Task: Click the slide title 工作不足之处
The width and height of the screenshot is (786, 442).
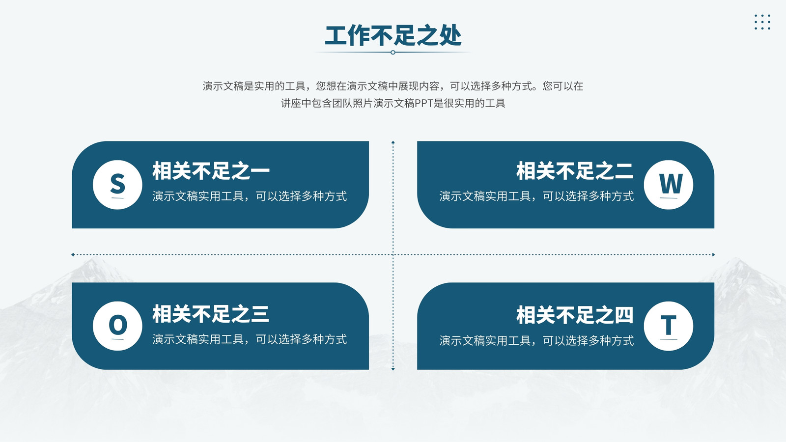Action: point(393,35)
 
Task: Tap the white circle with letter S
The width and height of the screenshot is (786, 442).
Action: point(117,185)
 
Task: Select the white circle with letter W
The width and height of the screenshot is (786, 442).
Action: point(669,185)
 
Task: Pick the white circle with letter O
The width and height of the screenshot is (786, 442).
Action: point(117,326)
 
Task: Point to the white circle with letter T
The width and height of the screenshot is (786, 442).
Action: point(669,326)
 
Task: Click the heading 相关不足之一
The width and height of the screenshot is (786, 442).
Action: point(211,171)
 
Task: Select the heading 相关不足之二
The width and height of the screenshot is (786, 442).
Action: point(575,171)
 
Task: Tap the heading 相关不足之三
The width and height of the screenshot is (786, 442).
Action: point(211,314)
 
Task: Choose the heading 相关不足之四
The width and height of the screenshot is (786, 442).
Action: point(575,315)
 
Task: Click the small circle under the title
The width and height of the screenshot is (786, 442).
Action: point(393,52)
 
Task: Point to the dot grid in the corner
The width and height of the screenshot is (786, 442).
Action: point(762,22)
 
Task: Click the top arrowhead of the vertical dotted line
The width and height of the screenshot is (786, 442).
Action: point(393,142)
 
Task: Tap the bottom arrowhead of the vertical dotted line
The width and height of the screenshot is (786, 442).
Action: point(393,369)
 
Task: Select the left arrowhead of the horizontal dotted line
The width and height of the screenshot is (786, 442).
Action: point(73,255)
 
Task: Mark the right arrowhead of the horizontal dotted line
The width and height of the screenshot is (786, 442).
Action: point(713,255)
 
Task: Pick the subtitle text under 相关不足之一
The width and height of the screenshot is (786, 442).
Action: point(250,196)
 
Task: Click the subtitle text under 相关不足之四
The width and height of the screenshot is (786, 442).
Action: point(536,341)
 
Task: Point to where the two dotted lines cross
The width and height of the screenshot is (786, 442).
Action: point(393,255)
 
